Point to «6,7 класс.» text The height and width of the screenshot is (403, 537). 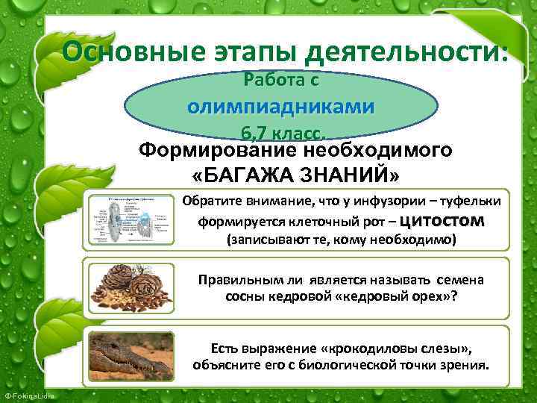(x=282, y=134)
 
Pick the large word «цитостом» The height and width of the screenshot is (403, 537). (x=443, y=221)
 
